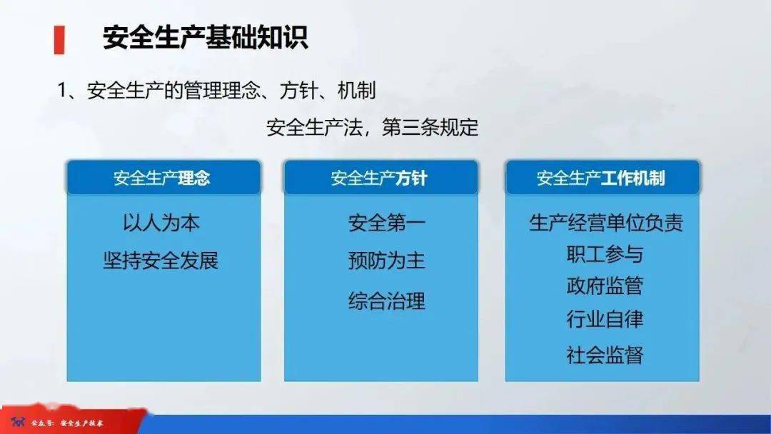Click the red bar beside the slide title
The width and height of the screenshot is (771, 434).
coord(59,40)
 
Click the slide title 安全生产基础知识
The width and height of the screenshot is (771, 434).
coord(206,37)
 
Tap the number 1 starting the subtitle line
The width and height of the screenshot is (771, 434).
coord(62,91)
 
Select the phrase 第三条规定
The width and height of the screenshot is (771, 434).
coord(430,127)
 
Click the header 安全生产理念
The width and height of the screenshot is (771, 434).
coord(162,178)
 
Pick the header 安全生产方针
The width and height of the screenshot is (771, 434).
coord(379,178)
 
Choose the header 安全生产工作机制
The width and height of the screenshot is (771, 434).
coord(601,178)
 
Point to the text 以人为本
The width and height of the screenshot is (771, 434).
coord(161,223)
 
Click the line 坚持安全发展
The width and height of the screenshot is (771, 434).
coord(161,261)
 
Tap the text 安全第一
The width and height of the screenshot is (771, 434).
coord(387,223)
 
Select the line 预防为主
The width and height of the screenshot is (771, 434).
coord(387,261)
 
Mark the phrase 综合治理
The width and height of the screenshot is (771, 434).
coord(387,301)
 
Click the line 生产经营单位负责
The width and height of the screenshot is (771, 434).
coord(606,223)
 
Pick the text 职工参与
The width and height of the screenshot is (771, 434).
coord(605,254)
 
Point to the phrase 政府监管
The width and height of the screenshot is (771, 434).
coord(605,286)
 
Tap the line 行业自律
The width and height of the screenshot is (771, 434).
coord(605,319)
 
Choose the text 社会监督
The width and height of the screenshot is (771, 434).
coord(605,355)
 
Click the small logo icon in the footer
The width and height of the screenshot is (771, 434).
coord(18,422)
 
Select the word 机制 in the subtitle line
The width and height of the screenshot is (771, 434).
coord(356,91)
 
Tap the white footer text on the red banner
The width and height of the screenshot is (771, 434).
coord(67,423)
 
